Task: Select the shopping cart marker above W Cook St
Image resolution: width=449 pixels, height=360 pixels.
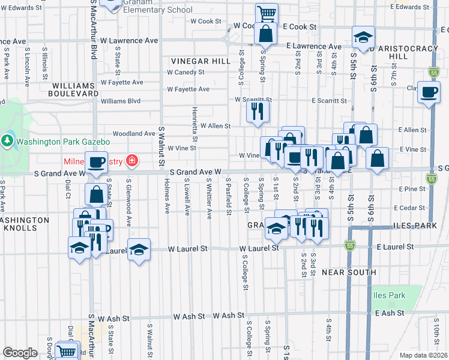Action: tap(266, 13)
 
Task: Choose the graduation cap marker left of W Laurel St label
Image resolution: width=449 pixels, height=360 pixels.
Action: tap(139, 249)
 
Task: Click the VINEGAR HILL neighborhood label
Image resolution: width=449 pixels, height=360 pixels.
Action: tap(200, 61)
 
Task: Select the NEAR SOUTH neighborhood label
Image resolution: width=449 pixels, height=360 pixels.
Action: tap(349, 272)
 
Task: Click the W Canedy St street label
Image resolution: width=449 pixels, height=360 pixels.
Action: tap(185, 72)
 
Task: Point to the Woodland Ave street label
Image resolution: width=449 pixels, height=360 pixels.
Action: tap(134, 133)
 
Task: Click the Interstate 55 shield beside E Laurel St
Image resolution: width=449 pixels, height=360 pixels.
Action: tap(351, 245)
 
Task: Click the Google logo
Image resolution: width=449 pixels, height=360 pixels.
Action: tap(20, 353)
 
